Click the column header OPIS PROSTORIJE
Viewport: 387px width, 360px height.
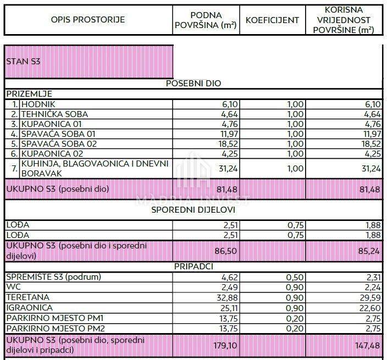click(88, 20)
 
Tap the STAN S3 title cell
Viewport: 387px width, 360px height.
click(23, 61)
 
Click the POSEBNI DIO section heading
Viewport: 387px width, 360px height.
click(193, 84)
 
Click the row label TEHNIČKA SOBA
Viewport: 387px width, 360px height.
click(54, 114)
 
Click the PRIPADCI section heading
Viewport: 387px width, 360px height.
click(193, 267)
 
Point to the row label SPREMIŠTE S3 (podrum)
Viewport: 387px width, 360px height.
click(54, 277)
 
